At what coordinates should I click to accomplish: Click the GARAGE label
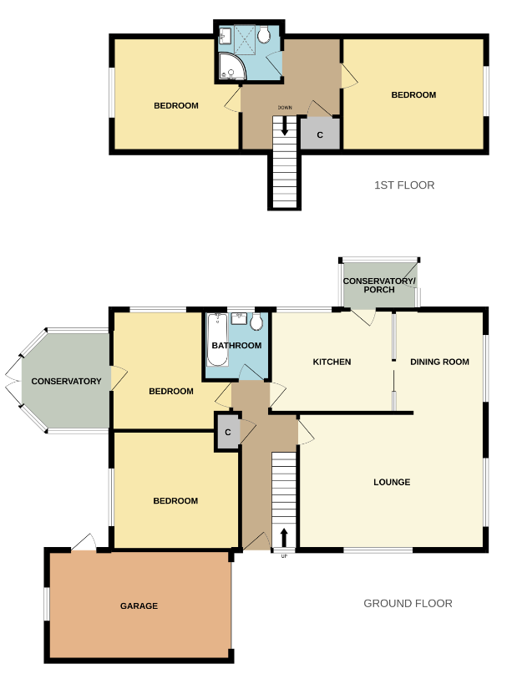(x=139, y=606)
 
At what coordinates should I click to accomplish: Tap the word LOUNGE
(x=392, y=482)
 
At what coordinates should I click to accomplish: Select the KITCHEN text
(x=332, y=362)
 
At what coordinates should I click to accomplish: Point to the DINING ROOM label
(x=439, y=362)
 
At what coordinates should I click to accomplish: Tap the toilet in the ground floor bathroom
(x=256, y=322)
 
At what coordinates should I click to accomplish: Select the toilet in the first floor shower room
(x=266, y=35)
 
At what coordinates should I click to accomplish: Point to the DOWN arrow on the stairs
(x=286, y=126)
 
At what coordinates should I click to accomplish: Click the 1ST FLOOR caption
(x=404, y=185)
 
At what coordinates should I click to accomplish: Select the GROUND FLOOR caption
(x=408, y=603)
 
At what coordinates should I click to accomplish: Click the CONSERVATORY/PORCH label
(x=379, y=285)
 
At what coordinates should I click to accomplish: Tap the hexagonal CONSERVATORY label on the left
(x=66, y=381)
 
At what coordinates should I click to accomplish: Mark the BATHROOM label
(x=236, y=345)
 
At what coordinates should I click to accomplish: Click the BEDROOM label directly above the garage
(x=175, y=500)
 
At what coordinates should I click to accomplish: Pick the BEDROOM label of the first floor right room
(x=413, y=95)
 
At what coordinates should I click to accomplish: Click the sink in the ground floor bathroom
(x=240, y=318)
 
